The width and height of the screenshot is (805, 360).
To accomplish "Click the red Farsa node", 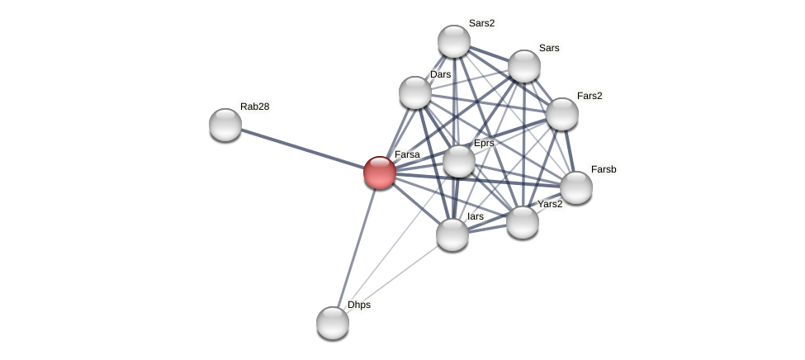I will [x=380, y=173].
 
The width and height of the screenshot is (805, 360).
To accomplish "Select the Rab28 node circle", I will [x=225, y=125].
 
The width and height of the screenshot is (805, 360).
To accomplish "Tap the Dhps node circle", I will [x=333, y=322].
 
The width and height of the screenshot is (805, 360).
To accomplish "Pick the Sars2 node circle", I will [x=454, y=41].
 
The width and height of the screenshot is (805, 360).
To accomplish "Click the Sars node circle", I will [x=524, y=66].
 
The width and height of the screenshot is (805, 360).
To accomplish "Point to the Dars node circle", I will [x=415, y=92].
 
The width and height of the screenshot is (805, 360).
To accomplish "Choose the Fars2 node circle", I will [x=562, y=114].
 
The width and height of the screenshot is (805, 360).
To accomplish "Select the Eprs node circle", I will [x=459, y=161].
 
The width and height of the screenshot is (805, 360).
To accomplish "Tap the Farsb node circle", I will [x=576, y=187].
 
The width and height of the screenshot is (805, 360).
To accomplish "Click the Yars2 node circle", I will [x=523, y=222].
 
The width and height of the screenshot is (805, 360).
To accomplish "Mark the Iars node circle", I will [x=452, y=234].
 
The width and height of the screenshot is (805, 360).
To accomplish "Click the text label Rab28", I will [x=254, y=107].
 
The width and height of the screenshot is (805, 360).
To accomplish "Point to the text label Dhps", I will [x=359, y=305].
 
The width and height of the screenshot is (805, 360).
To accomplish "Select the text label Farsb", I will [x=604, y=169].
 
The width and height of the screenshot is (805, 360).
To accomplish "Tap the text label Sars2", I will [x=481, y=23].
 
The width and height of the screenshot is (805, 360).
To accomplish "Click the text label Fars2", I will [x=590, y=96].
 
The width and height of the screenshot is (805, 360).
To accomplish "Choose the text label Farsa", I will [x=407, y=154].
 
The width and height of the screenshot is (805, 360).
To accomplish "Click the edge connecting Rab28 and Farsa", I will [x=301, y=149].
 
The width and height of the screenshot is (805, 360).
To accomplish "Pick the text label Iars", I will [x=476, y=216].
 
